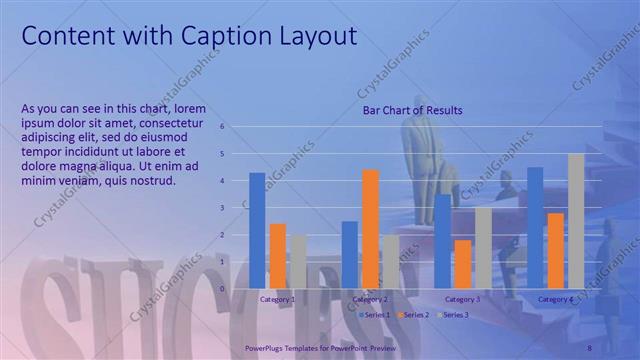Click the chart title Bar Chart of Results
click(x=412, y=110)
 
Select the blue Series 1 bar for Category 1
click(x=257, y=230)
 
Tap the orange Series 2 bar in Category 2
click(x=370, y=228)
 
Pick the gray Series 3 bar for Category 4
click(x=576, y=220)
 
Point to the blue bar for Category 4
click(x=535, y=227)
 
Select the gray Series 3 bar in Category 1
click(x=297, y=261)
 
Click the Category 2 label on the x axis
click(x=370, y=299)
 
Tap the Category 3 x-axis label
click(x=463, y=299)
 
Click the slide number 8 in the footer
click(x=589, y=346)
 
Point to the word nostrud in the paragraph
click(x=151, y=181)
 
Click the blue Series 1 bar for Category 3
click(x=442, y=241)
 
